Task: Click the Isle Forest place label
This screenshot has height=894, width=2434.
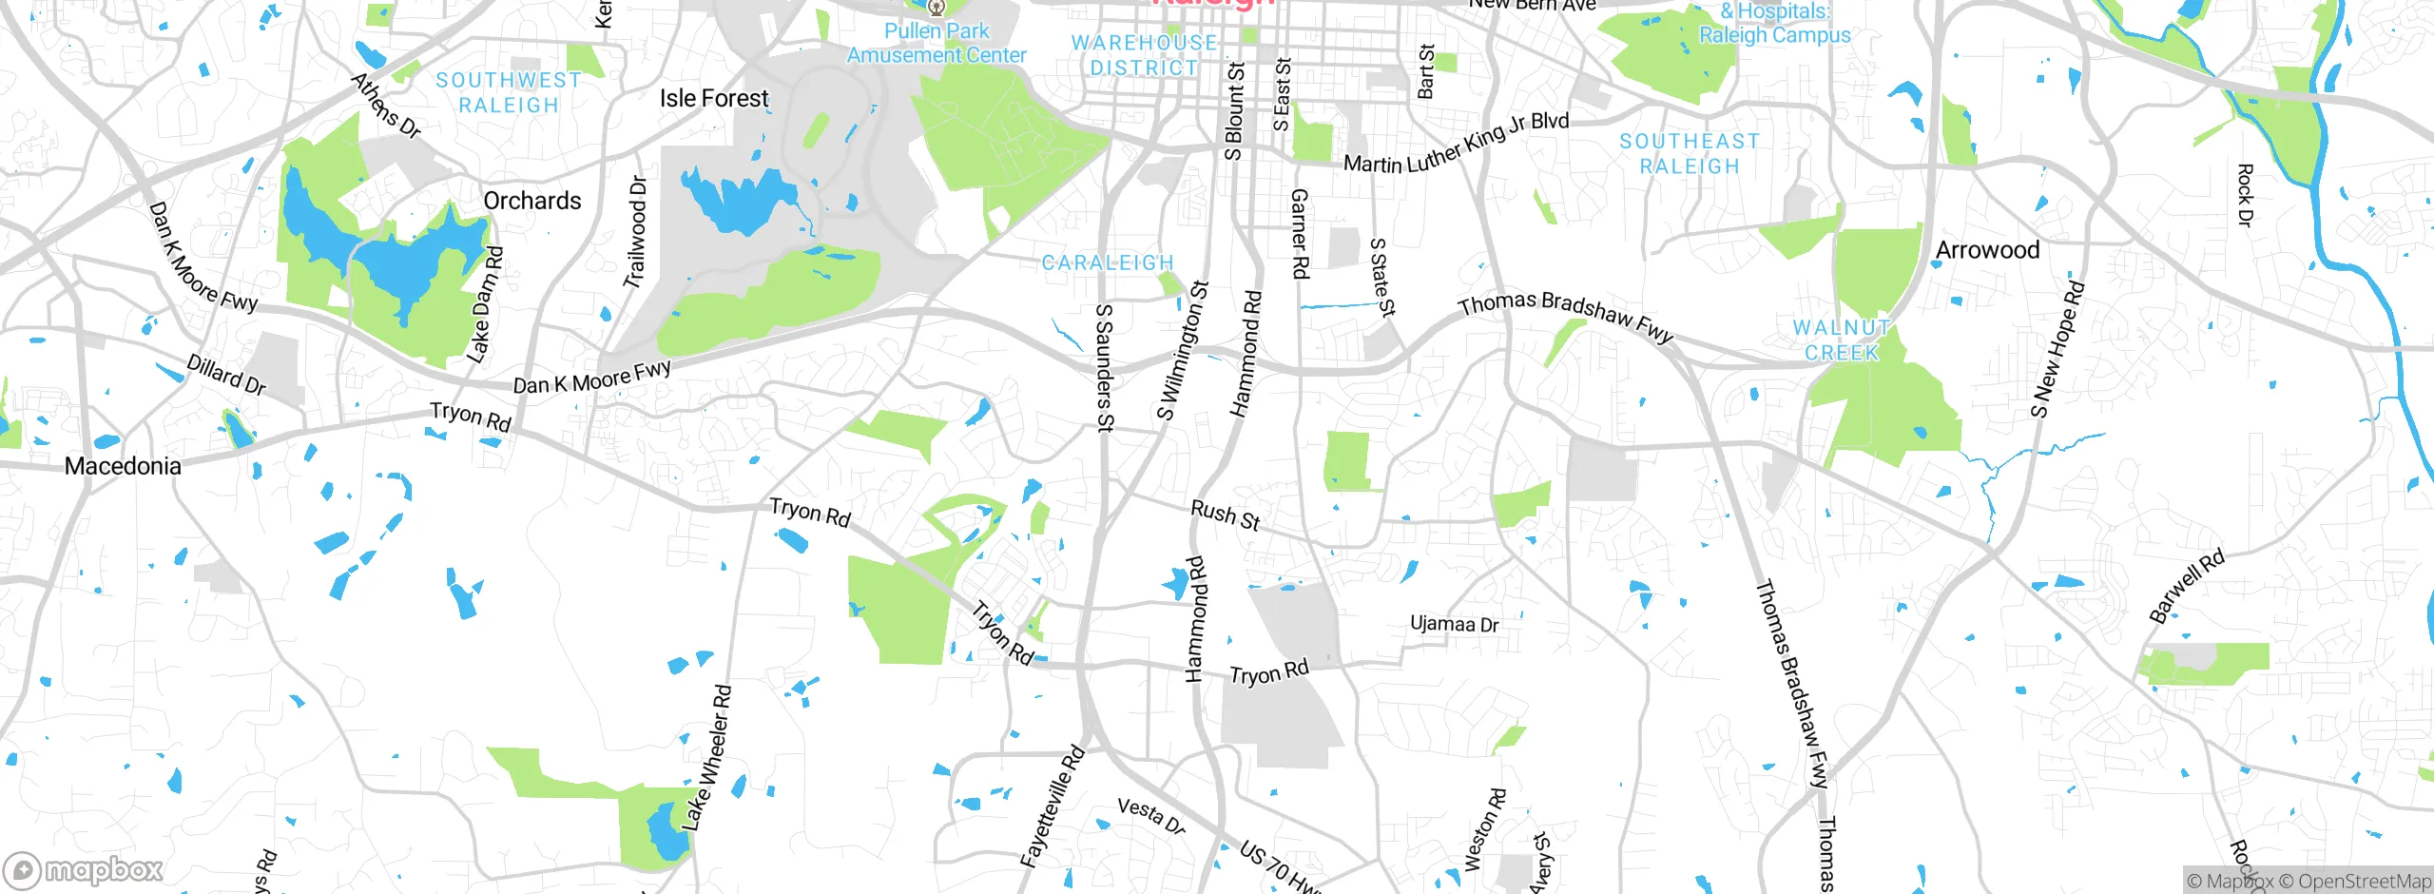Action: [714, 98]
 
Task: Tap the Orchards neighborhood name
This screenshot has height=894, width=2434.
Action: [531, 201]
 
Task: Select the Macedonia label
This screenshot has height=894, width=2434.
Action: [123, 466]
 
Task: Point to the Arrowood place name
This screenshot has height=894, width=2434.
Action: [1987, 250]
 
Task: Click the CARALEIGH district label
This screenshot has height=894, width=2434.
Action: [1108, 262]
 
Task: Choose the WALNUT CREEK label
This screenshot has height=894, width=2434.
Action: [1842, 340]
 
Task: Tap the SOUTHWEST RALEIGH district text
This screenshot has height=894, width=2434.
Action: [509, 93]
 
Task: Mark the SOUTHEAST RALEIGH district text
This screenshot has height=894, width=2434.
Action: [1690, 154]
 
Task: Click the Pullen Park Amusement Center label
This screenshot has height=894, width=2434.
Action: [937, 43]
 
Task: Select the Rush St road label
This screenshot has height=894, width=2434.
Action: [1226, 515]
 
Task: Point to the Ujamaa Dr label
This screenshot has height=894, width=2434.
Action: [1454, 624]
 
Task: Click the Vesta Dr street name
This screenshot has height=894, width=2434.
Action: [1151, 816]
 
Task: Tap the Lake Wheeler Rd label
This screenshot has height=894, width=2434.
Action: [707, 758]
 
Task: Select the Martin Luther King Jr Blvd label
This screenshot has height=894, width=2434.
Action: [1456, 146]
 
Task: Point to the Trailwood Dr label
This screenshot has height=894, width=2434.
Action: [635, 232]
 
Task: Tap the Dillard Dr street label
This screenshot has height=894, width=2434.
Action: [226, 374]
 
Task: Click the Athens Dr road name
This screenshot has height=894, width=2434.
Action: [386, 106]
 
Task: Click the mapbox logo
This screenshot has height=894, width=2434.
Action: [84, 870]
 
